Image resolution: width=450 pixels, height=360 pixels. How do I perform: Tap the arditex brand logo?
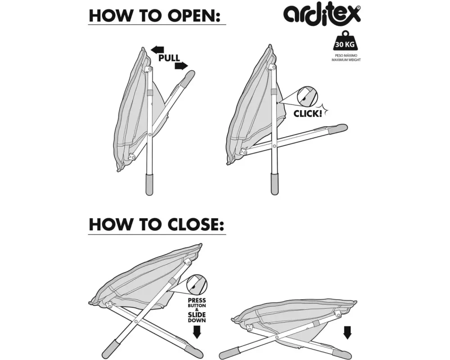coord(322,14)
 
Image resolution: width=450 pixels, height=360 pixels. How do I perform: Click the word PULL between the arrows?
coord(169,58)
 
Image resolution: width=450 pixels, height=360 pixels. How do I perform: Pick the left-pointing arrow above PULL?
coord(157,49)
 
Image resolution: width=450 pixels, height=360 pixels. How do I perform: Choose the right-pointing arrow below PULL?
coord(181,66)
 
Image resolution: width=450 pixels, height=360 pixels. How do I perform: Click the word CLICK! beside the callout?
coord(308,113)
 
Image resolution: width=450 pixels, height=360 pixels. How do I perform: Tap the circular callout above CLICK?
coord(306,96)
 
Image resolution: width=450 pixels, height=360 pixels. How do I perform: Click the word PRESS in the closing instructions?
coord(197,300)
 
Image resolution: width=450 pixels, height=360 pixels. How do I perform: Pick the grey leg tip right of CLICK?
coord(338,129)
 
